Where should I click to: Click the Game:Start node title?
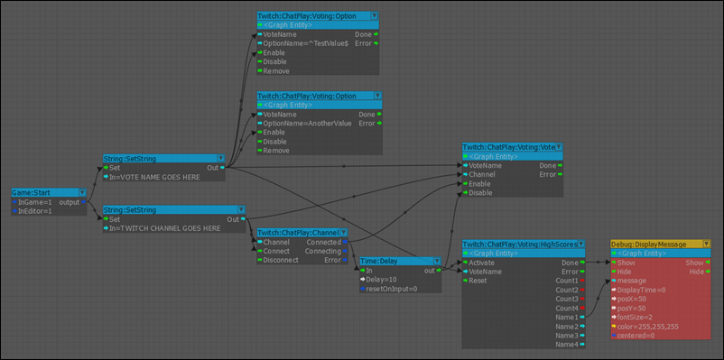35,192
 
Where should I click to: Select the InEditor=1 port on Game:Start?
36,210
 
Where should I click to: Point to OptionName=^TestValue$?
305,43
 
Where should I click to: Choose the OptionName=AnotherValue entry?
306,123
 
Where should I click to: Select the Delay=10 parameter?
382,280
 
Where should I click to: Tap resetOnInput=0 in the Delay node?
391,289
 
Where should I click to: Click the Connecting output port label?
323,251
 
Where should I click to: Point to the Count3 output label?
566,299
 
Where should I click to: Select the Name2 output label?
566,326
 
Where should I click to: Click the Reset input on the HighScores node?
478,281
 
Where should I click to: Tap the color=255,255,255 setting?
648,326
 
